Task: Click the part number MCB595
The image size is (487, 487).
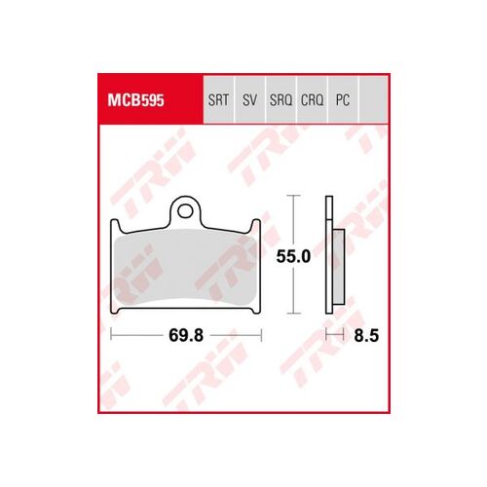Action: tap(135, 100)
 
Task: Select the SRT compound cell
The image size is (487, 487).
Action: tap(218, 99)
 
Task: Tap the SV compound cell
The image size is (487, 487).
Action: tap(249, 99)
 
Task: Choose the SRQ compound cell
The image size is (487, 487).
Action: tap(281, 99)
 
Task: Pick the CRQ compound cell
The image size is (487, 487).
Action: tap(312, 99)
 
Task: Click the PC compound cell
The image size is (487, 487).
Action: tap(343, 99)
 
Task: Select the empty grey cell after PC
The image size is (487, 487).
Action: tap(373, 99)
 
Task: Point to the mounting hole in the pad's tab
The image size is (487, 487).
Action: tap(185, 212)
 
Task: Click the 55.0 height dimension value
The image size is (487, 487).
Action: tap(293, 256)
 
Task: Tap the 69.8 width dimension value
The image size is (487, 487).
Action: tap(186, 335)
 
